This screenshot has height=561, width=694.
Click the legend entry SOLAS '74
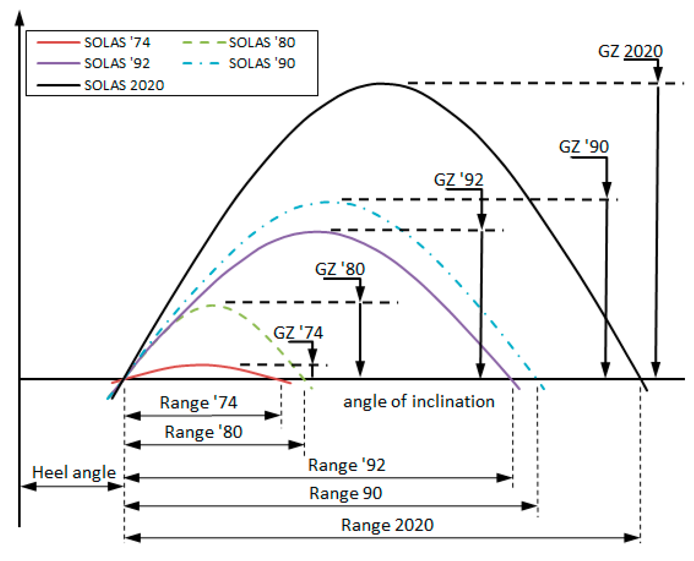[117, 42]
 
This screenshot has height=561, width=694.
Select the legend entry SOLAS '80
[262, 42]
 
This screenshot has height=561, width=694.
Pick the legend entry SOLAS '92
[117, 63]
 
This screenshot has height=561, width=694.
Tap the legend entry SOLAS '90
[262, 63]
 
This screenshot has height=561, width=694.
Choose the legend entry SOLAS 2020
[124, 85]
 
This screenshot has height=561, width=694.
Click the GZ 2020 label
[630, 51]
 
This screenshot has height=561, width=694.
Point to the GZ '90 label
[584, 147]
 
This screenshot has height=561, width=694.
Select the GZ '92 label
[458, 180]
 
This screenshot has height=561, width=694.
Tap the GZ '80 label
[340, 269]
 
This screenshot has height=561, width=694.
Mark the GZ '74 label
[298, 333]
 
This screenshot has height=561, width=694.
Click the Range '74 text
[198, 403]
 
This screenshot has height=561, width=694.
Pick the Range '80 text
[203, 432]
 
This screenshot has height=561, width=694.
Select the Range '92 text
[346, 465]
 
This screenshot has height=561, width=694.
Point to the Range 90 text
[346, 493]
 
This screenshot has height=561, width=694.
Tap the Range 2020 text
[387, 525]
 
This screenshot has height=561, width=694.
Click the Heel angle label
[74, 473]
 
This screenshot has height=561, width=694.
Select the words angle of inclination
[418, 402]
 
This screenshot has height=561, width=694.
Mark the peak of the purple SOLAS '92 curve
[317, 232]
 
